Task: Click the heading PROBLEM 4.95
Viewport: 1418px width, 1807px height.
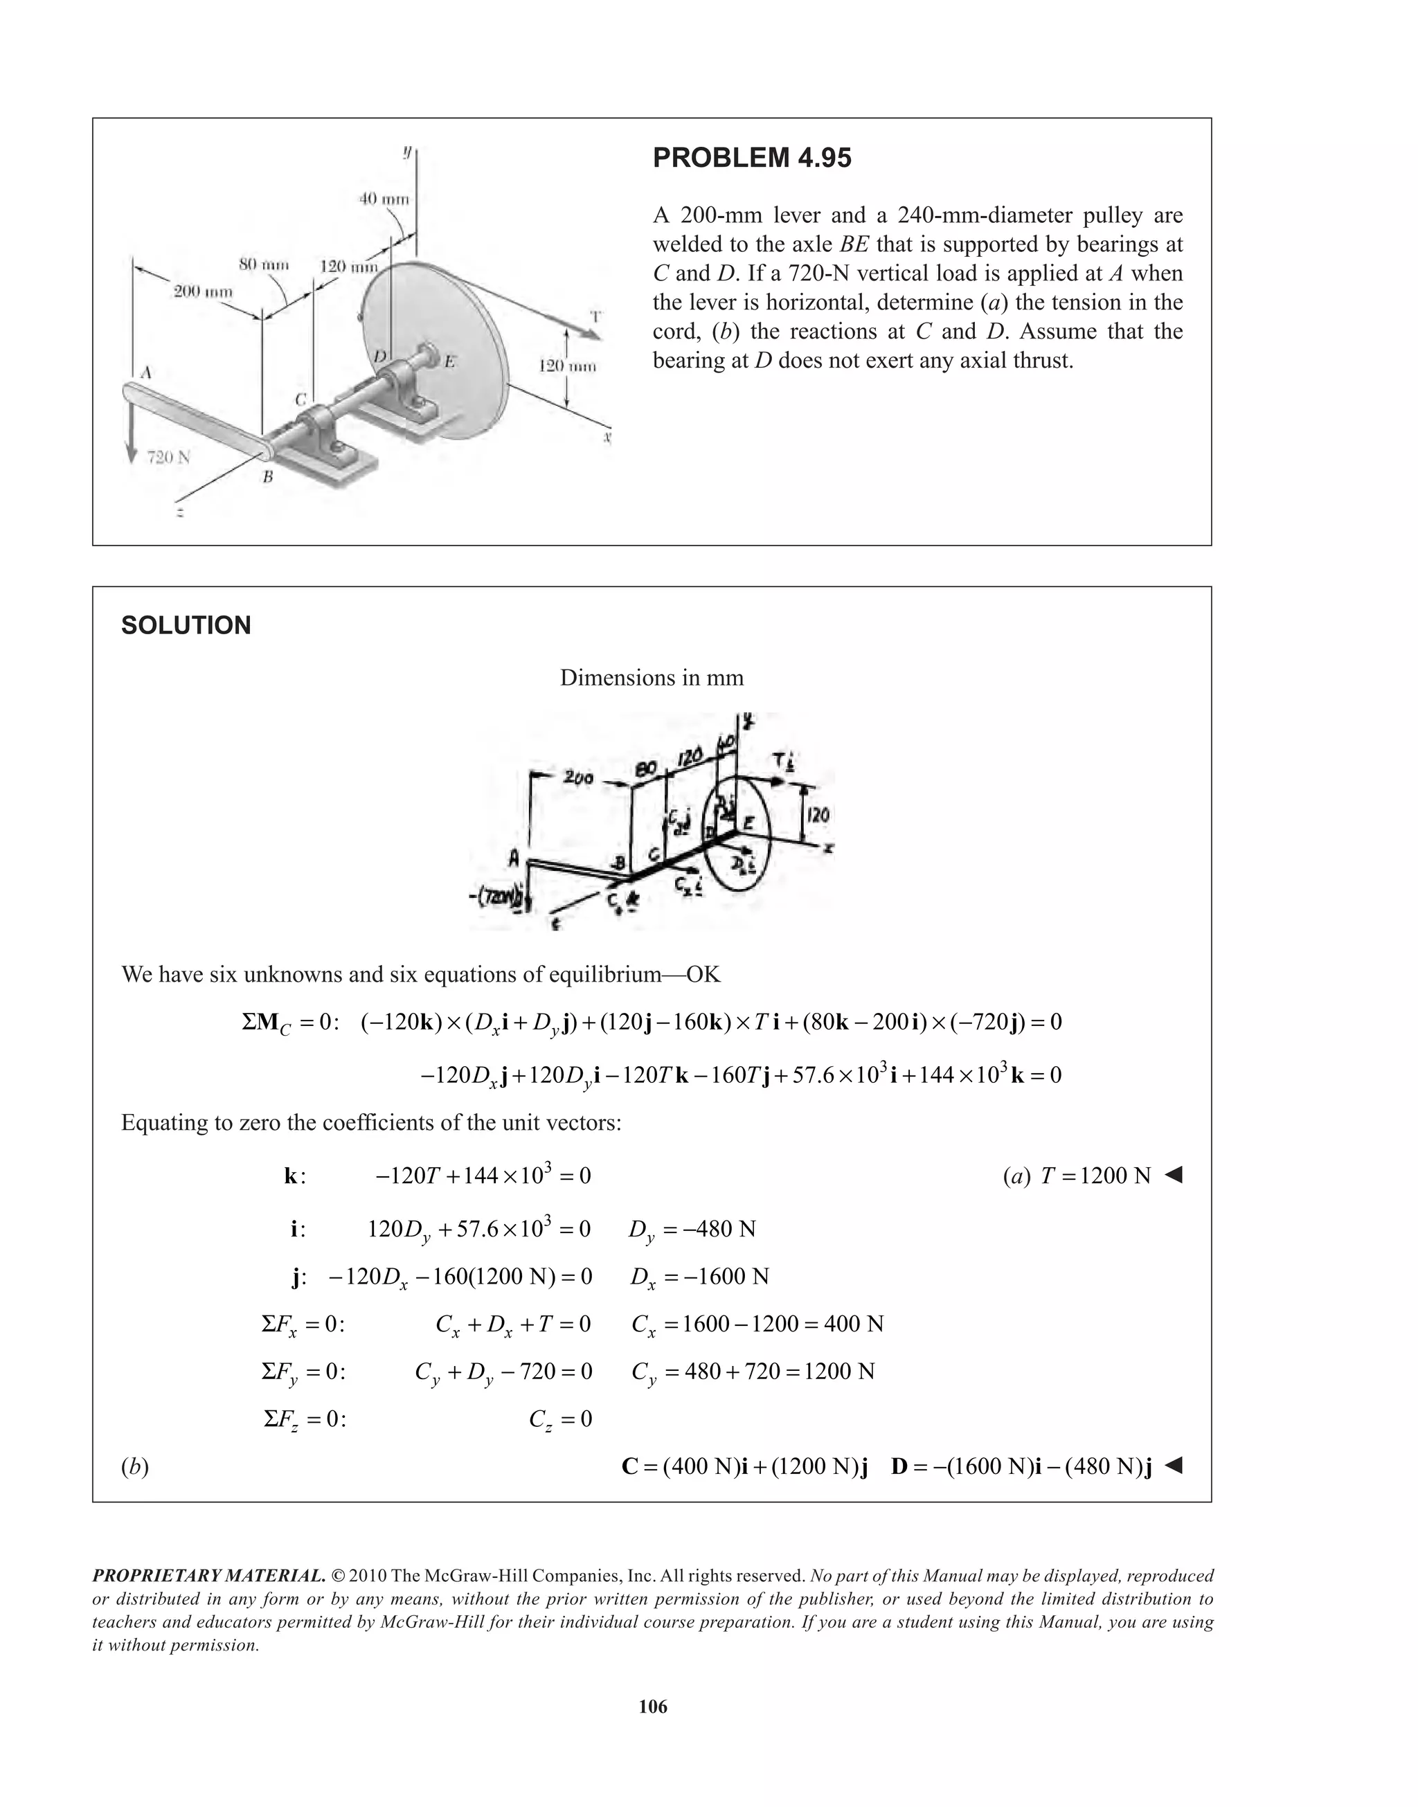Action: coord(751,158)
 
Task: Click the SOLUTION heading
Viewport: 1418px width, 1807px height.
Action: coord(186,625)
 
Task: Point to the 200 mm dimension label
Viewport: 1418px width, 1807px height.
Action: coord(203,291)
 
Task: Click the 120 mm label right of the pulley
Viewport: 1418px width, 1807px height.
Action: coord(567,366)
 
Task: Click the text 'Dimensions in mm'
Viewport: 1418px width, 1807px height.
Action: coord(652,677)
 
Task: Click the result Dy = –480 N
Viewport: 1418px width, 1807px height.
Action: coord(692,1230)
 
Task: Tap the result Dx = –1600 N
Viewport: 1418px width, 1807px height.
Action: coord(699,1277)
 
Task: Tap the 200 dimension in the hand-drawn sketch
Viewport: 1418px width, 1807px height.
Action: coord(578,777)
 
